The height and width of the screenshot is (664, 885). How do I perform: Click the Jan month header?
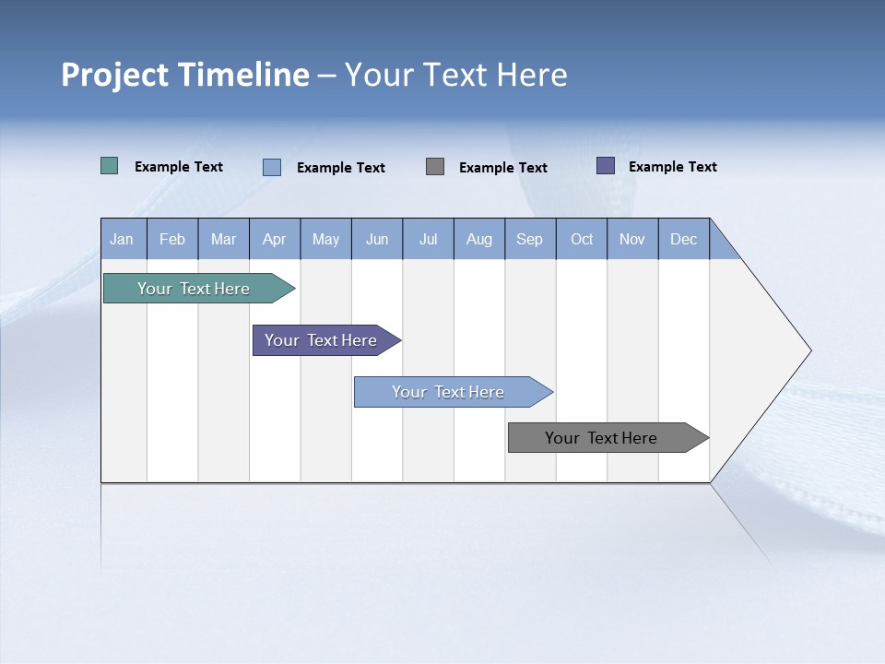(123, 239)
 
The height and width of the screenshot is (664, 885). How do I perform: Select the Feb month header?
(172, 239)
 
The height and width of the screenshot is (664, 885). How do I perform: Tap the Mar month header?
(223, 239)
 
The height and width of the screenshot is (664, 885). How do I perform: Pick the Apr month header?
(274, 239)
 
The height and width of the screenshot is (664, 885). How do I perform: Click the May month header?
(325, 239)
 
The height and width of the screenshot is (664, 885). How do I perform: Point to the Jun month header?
(377, 239)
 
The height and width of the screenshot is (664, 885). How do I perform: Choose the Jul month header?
(428, 239)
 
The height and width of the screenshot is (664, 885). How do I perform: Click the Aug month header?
(479, 239)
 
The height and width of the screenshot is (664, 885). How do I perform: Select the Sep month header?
(530, 239)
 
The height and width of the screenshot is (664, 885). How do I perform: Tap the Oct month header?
(582, 239)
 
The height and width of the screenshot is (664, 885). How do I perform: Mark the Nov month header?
(632, 239)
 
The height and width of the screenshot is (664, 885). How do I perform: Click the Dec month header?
(684, 239)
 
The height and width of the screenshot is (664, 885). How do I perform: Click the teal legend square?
(110, 166)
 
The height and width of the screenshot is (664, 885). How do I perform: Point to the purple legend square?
(606, 166)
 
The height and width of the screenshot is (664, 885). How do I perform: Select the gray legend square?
(435, 167)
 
